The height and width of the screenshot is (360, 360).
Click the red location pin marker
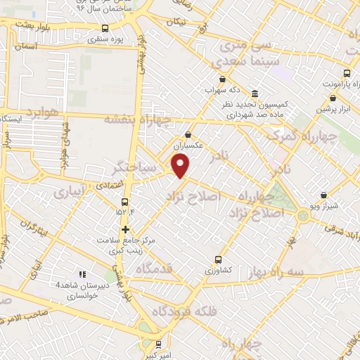(x=181, y=166)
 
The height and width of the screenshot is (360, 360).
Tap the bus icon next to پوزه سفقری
(x=105, y=29)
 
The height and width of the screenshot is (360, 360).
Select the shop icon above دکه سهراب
(x=223, y=79)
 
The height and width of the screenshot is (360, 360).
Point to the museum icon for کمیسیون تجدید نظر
(x=255, y=94)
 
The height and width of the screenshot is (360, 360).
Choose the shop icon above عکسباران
(x=188, y=134)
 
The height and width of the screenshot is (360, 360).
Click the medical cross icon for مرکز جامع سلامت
(x=124, y=229)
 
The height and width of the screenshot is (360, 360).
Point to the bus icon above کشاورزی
(x=218, y=259)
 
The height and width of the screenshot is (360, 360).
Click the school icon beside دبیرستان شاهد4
(x=82, y=274)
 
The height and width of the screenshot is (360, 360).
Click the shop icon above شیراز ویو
(x=323, y=195)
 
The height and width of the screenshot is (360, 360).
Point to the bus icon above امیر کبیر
(x=159, y=345)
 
